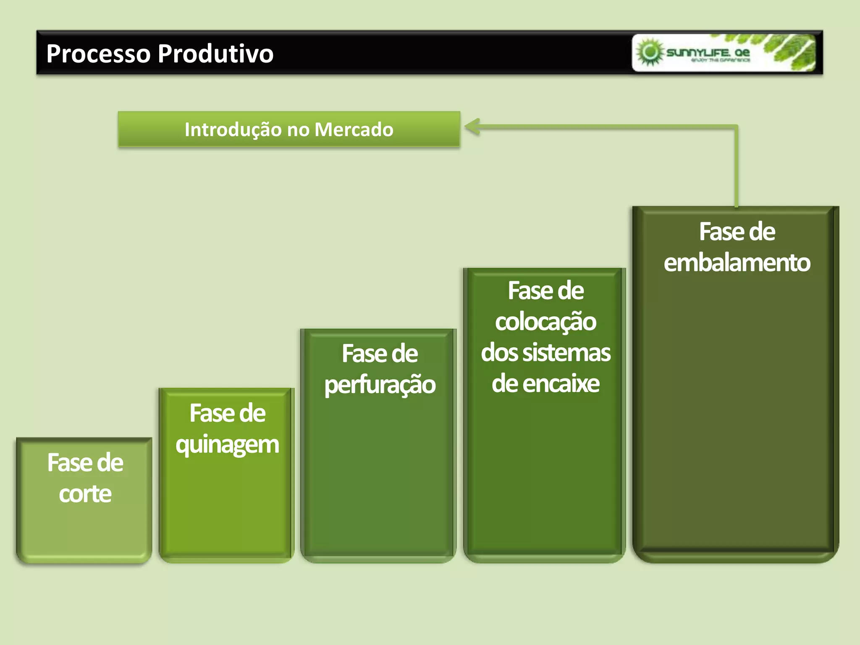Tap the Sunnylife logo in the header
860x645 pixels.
723,53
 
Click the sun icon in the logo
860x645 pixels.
650,52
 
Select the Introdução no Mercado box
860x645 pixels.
289,129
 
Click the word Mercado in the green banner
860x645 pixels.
354,129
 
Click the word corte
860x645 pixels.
85,494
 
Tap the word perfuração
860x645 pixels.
380,385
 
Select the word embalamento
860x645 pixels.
737,263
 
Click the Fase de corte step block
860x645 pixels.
84,525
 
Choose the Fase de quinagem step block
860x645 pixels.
227,504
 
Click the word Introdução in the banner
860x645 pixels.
233,129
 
